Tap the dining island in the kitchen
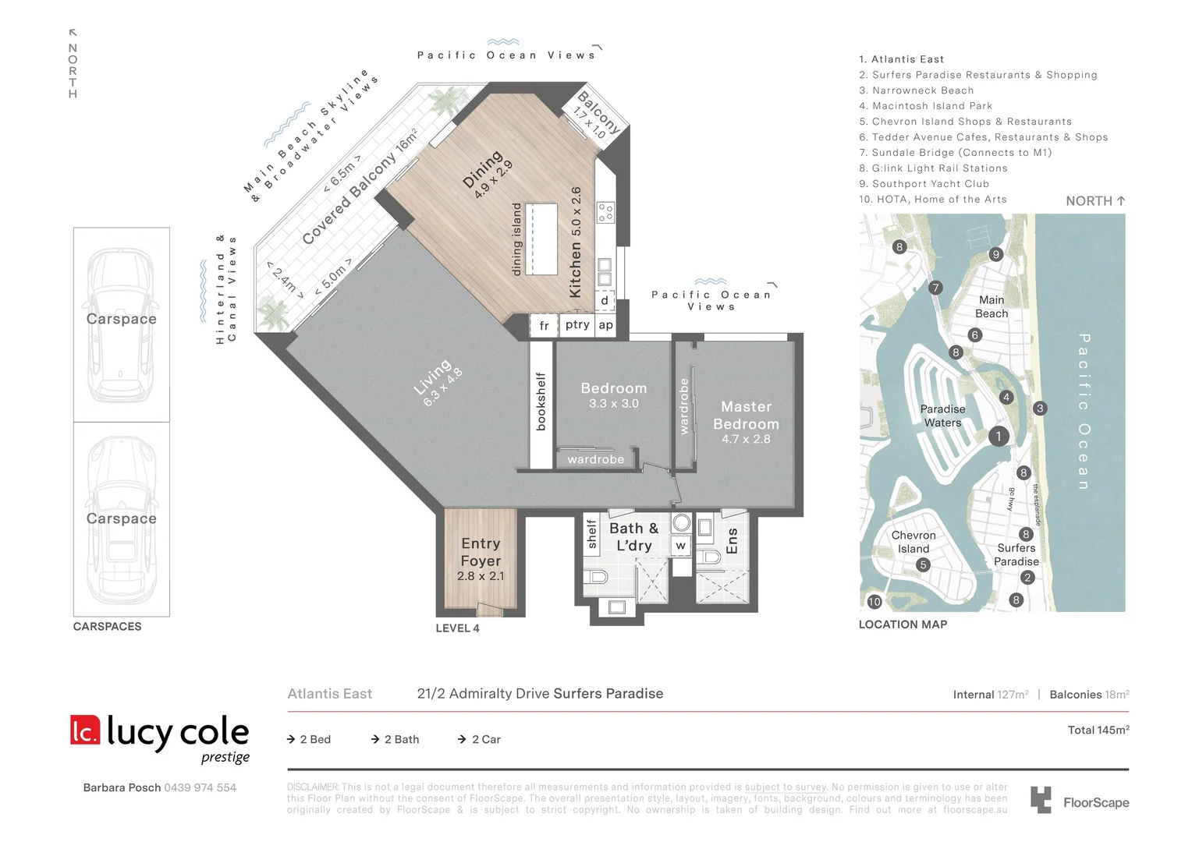[x=541, y=239]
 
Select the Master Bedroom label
[x=746, y=416]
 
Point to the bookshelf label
[x=541, y=402]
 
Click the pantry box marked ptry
[x=577, y=324]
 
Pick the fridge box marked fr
[x=544, y=325]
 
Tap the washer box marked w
[x=681, y=545]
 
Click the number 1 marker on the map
[x=998, y=437]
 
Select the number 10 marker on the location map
[x=874, y=602]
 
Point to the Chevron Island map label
[x=914, y=542]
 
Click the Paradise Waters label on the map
[x=942, y=416]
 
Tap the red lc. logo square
[x=85, y=730]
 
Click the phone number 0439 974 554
[x=200, y=787]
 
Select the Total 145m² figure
[x=1098, y=730]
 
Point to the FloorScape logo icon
[x=1041, y=800]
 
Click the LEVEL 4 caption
[x=457, y=628]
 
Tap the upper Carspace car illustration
[x=121, y=324]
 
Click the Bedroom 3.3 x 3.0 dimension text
[x=613, y=404]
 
